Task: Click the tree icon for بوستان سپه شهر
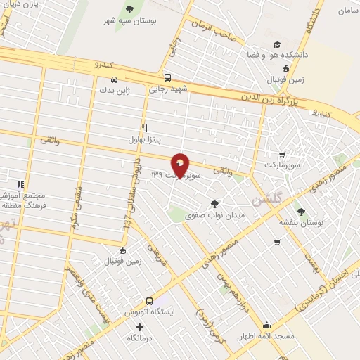129,8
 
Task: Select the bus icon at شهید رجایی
167,78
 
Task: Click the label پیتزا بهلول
143,141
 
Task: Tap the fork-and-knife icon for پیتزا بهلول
144,129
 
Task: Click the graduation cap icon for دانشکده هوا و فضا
276,44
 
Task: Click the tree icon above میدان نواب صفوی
214,204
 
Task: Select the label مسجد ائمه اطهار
266,338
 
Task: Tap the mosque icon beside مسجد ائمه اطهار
267,326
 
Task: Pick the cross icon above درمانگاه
139,327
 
